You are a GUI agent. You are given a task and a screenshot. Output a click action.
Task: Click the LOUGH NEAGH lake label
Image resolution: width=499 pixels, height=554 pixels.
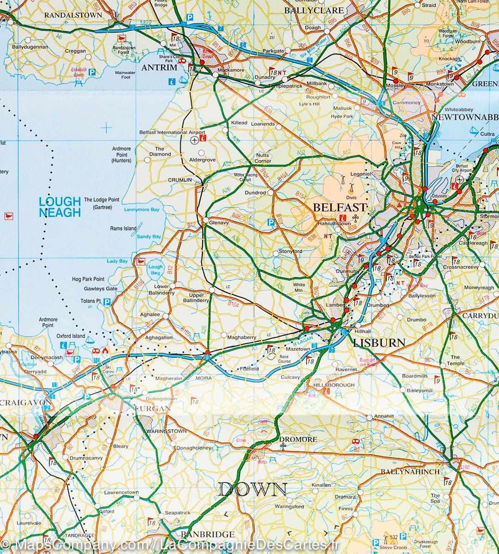[x=60, y=207]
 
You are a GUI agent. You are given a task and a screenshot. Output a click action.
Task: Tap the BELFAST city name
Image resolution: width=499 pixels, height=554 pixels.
[x=339, y=207]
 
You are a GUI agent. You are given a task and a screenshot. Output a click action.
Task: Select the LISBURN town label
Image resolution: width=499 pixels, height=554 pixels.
[x=379, y=343]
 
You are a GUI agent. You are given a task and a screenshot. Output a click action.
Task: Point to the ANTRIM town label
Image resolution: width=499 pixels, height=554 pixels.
[x=159, y=67]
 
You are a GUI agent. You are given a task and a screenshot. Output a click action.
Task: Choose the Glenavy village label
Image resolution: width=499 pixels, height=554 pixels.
[x=219, y=223]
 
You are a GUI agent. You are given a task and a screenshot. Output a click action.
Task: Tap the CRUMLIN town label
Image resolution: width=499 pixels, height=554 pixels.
[x=180, y=180]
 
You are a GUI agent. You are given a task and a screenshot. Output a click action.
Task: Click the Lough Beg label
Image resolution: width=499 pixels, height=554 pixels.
[x=156, y=270]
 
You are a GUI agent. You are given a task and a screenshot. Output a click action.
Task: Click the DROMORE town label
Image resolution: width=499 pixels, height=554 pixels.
[x=298, y=440]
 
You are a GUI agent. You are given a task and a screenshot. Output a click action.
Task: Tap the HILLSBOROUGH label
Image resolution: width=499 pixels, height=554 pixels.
[x=334, y=385]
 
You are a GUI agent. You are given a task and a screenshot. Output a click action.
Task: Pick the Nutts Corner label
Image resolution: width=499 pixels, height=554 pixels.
[x=263, y=158]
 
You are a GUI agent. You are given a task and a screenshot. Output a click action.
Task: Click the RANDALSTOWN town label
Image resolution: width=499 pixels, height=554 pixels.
[x=73, y=15]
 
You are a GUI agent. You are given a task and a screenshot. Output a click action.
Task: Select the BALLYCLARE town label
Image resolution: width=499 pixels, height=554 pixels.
[x=313, y=10]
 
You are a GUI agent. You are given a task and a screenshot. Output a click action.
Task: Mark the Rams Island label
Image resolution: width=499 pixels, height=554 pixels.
[x=123, y=229]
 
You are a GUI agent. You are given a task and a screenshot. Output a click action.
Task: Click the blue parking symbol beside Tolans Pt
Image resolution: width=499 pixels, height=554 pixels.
[x=107, y=302]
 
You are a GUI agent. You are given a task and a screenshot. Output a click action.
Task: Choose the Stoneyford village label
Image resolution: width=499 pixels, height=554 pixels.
[x=290, y=252]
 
